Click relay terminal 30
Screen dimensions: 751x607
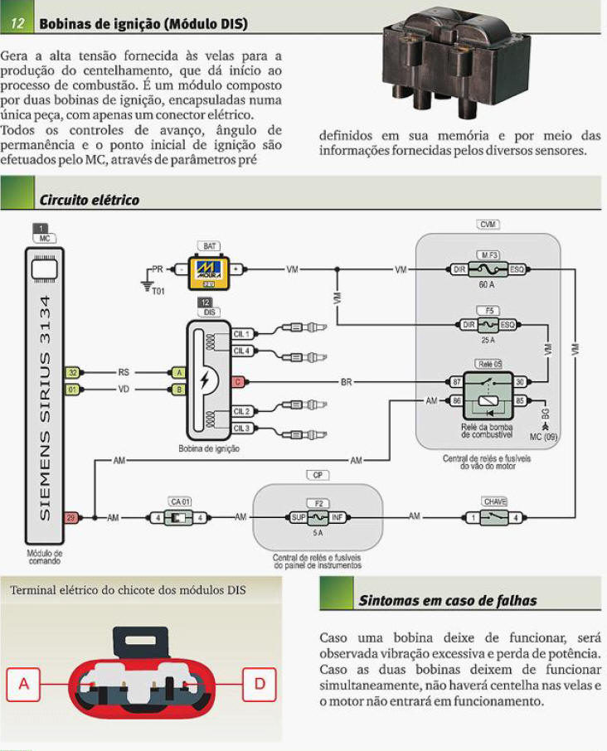pyautogui.click(x=520, y=382)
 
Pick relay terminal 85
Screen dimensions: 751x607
pyautogui.click(x=520, y=401)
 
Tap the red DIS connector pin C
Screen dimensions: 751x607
pyautogui.click(x=238, y=382)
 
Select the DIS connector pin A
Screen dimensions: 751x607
pyautogui.click(x=177, y=373)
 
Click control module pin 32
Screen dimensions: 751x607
pyautogui.click(x=73, y=373)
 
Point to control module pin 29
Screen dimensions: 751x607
pyautogui.click(x=73, y=517)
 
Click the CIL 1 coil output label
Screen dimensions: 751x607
pyautogui.click(x=241, y=334)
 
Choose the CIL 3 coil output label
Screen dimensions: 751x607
pyautogui.click(x=241, y=428)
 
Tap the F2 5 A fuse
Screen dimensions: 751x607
pyautogui.click(x=318, y=518)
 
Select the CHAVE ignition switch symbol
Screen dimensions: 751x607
pyautogui.click(x=494, y=518)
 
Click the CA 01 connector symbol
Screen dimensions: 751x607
pyautogui.click(x=179, y=518)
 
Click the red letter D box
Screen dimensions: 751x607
pyautogui.click(x=260, y=684)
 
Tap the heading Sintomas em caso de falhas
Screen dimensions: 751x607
pyautogui.click(x=447, y=600)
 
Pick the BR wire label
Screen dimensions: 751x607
pyautogui.click(x=347, y=382)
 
